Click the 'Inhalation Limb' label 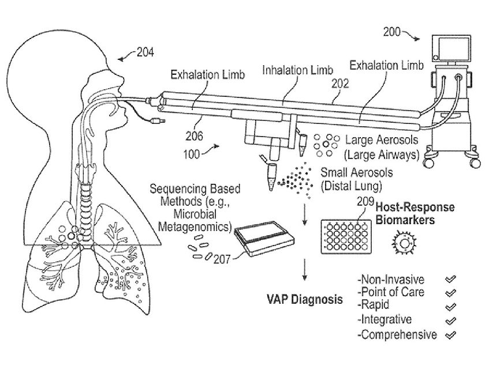pyautogui.click(x=297, y=70)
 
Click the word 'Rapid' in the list pyautogui.click(x=375, y=305)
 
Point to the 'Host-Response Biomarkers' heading pyautogui.click(x=416, y=213)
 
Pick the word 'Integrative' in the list pyautogui.click(x=385, y=319)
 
